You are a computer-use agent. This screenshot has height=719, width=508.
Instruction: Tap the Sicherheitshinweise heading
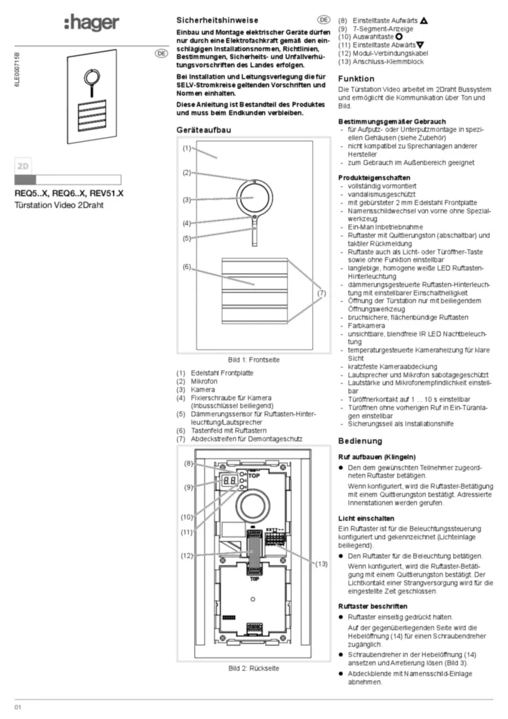tap(217, 22)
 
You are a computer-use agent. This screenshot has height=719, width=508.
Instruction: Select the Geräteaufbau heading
tap(203, 130)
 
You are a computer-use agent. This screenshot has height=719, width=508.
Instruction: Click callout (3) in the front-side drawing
tap(187, 200)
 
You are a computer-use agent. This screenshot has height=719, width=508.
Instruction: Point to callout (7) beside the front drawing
tap(321, 292)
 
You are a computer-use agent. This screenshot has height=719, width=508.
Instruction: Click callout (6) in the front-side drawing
tap(187, 267)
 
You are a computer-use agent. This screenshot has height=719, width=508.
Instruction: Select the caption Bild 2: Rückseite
tap(253, 668)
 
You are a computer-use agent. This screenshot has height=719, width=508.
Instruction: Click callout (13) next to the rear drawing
tap(321, 564)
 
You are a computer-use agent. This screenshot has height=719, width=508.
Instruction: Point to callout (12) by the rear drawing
tap(187, 556)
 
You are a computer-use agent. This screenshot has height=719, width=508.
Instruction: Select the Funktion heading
tap(356, 79)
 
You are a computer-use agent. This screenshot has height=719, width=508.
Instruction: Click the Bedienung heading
tap(360, 442)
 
